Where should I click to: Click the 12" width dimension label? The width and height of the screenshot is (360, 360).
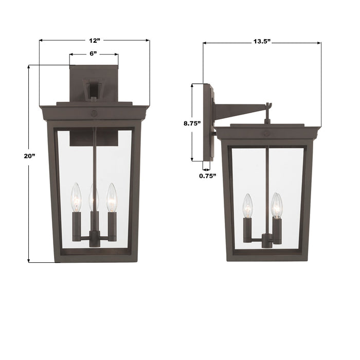[94, 40]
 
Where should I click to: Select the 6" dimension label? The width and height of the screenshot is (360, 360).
[94, 54]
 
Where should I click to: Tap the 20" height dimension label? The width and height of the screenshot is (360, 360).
[16, 156]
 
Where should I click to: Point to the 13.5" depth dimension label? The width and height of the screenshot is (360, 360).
[261, 43]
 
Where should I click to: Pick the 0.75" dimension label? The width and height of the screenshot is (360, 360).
[208, 176]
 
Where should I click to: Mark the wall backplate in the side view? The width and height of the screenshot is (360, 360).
[208, 122]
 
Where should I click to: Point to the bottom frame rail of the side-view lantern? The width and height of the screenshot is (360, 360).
[267, 257]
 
